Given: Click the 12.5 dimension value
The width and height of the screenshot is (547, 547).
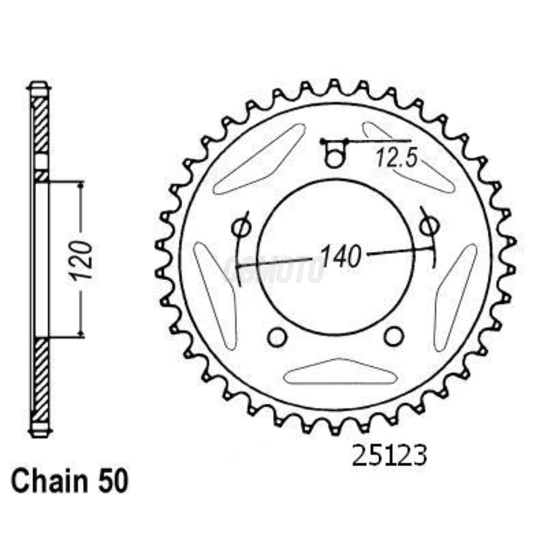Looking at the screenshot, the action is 397,159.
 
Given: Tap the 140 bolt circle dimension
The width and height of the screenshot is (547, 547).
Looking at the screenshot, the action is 341,257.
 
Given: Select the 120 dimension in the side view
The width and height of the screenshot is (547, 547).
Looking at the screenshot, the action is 82,261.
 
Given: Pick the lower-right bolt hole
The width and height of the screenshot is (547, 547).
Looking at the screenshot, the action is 394,336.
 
